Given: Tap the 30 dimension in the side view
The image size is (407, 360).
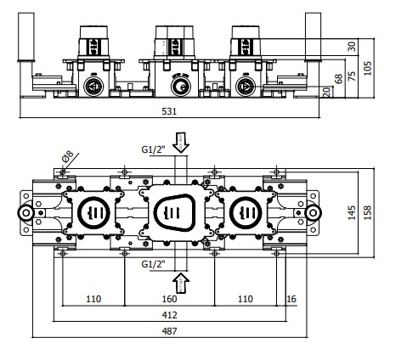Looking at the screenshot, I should tap(352, 45).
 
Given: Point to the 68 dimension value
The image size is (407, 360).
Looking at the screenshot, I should tap(339, 78).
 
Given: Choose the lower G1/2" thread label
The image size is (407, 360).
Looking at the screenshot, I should tap(153, 264).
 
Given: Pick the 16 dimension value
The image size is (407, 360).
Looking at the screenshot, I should tap(292, 299).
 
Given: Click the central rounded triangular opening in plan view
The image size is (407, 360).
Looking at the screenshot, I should tap(179, 212).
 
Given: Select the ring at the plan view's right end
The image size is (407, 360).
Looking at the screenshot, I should tap(313, 212).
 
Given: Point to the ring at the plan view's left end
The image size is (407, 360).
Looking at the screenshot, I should tap(25, 212).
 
